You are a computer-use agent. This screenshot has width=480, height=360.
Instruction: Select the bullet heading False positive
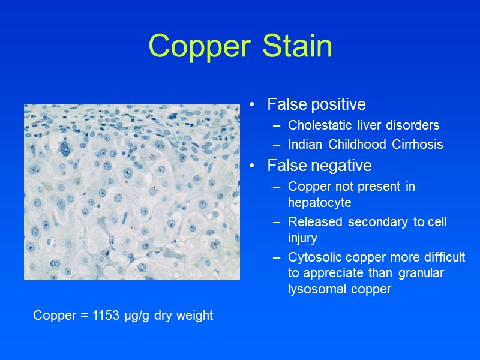(x=316, y=104)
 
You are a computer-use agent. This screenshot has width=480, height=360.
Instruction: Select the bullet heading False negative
(x=319, y=165)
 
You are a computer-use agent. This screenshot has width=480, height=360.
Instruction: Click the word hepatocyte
(x=318, y=203)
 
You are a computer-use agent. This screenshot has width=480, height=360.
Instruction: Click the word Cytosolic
(x=314, y=257)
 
